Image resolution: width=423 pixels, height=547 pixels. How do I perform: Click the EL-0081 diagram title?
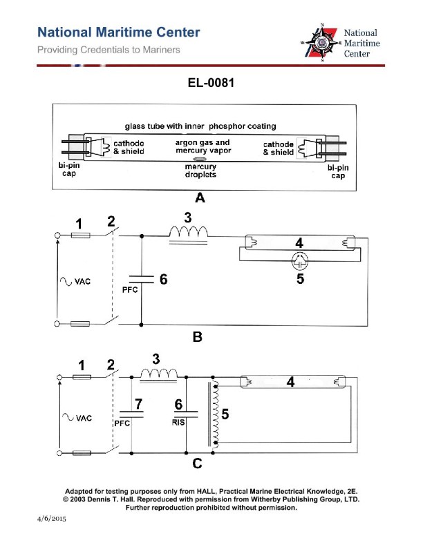tap(211, 84)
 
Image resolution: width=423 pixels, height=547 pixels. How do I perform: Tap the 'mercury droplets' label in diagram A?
tap(200, 171)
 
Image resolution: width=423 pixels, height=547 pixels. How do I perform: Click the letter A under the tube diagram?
tap(200, 198)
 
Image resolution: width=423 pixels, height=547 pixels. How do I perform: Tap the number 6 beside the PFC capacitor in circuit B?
tap(163, 280)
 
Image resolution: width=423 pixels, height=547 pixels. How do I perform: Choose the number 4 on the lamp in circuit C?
tap(292, 381)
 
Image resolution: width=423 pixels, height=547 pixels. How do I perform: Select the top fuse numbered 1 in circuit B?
tap(80, 236)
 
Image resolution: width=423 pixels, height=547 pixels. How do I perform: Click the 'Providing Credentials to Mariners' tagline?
tap(109, 50)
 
